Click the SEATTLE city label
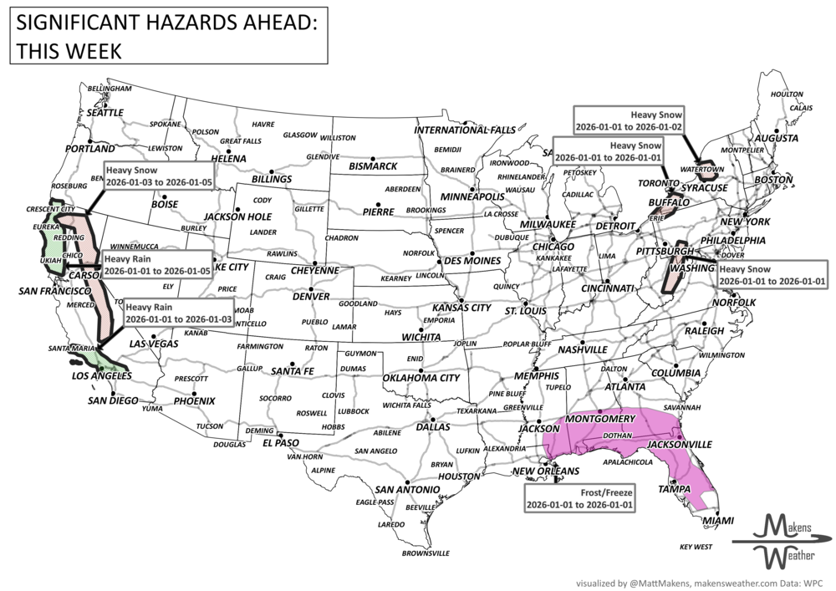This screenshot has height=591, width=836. pos(105,112)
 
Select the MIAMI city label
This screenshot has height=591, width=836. pos(717,520)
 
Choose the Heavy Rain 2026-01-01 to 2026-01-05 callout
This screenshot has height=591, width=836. pos(155,265)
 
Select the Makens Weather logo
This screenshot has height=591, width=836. pos(780,539)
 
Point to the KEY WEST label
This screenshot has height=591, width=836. pos(696,547)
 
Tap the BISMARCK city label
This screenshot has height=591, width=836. pos(373,166)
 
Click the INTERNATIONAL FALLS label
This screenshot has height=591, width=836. pos(466,130)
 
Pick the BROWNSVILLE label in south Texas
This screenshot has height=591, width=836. pos(426,553)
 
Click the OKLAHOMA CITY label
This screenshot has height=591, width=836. pos(421,378)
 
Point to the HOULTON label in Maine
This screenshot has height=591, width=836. pos(786,94)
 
